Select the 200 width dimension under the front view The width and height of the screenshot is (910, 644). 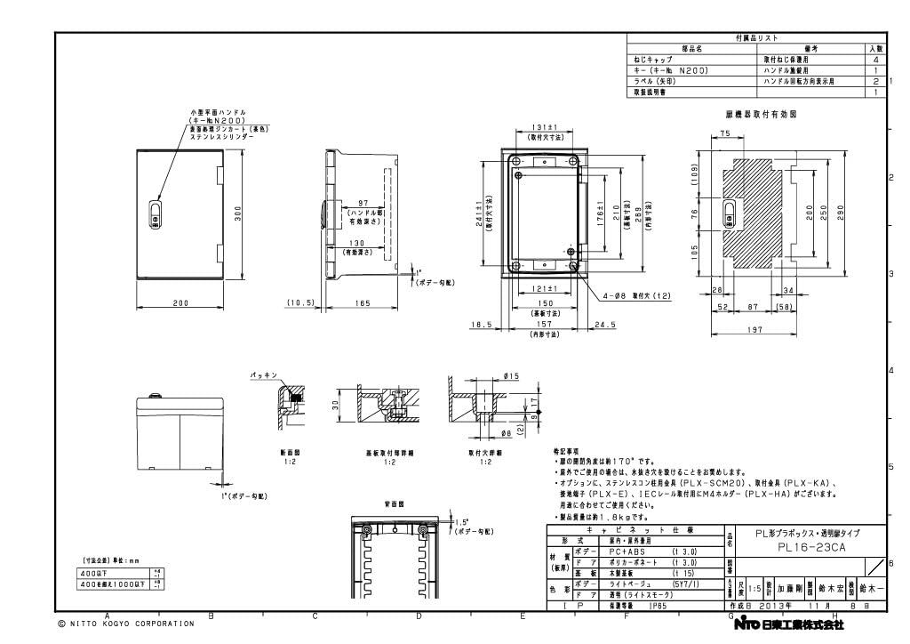[x=180, y=303]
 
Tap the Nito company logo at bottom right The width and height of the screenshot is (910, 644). [x=787, y=624]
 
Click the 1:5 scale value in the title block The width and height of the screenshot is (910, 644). [x=753, y=589]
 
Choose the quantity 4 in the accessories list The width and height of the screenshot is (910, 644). [x=875, y=59]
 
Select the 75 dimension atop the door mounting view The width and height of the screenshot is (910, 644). [x=724, y=133]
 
